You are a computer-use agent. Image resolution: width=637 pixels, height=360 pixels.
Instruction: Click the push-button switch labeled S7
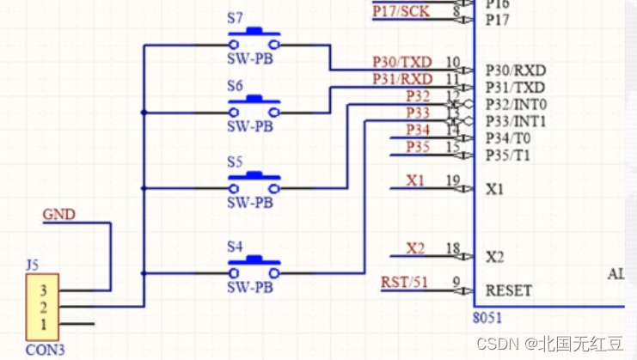tap(254, 40)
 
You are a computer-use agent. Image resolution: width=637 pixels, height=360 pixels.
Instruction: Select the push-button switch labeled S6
tap(254, 106)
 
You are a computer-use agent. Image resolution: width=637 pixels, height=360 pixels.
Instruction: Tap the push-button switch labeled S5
tap(254, 181)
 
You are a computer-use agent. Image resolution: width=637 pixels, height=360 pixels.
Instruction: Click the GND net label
tap(59, 214)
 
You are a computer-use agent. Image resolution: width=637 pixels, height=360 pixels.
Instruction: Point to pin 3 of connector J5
tap(43, 290)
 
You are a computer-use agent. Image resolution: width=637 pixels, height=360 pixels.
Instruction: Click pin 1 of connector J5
tap(43, 324)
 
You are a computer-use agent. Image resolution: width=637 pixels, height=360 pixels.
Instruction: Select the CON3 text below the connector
tap(44, 350)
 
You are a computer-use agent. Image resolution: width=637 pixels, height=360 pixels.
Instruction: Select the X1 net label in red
tap(415, 181)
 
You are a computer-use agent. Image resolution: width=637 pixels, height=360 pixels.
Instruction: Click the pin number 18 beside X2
tap(453, 249)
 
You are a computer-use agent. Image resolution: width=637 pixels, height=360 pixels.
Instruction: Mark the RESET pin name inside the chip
tap(508, 290)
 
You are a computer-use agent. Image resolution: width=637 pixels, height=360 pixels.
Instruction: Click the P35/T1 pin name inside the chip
tap(509, 155)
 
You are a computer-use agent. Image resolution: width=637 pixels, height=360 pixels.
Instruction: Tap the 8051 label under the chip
tap(487, 317)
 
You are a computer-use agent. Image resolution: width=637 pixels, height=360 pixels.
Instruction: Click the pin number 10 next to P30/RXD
tap(453, 63)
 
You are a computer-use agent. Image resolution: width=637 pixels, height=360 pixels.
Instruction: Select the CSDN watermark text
tap(499, 344)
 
